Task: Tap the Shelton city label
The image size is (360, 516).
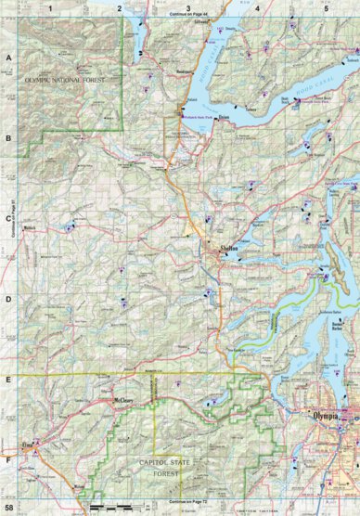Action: (229, 250)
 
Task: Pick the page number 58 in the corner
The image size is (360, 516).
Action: (8, 509)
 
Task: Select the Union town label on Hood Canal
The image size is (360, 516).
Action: (223, 118)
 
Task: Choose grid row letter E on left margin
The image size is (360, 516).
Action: (8, 380)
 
